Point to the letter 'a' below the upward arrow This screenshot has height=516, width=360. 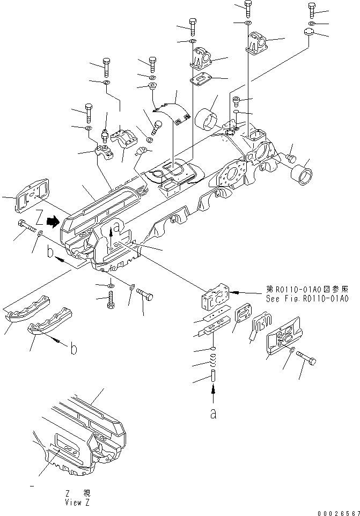pyautogui.click(x=213, y=415)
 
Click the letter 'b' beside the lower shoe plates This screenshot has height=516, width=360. pyautogui.click(x=74, y=349)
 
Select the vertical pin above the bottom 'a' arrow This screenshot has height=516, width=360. pyautogui.click(x=213, y=375)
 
